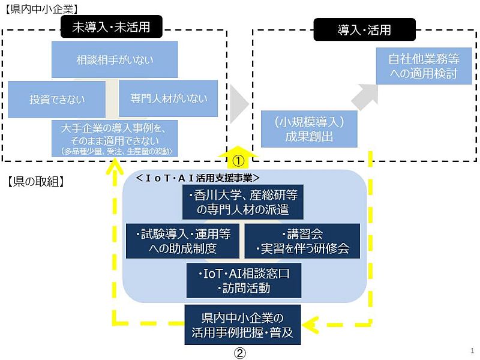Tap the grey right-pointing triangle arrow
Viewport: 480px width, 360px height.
(239, 103)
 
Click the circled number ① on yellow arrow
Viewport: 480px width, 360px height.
(239, 160)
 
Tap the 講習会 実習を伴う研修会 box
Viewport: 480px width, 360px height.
(302, 241)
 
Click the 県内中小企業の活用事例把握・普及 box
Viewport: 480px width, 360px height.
(242, 325)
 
